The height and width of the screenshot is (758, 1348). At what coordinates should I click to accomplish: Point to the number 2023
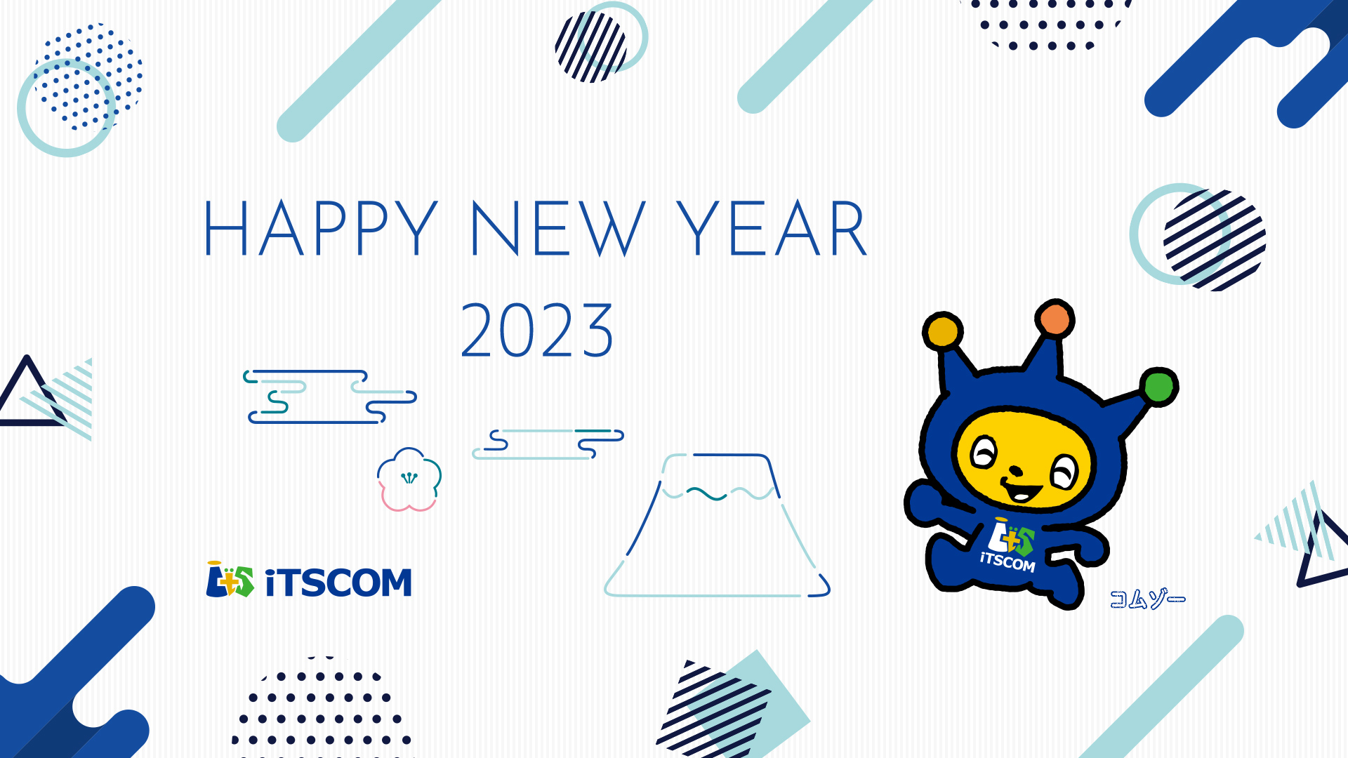point(537,330)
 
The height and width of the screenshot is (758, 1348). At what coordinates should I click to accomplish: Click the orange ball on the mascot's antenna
point(1055,319)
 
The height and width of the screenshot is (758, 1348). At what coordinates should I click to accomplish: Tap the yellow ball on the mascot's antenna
point(942,331)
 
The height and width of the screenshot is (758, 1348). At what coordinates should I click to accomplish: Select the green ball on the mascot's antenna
point(1158,386)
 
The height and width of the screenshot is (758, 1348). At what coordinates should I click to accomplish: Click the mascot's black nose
point(1015,470)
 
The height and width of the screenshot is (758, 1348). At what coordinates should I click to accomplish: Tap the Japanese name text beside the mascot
point(1147,599)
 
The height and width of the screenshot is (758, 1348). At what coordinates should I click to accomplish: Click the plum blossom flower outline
point(409,479)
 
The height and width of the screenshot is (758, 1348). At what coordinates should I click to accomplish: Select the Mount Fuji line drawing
point(717,525)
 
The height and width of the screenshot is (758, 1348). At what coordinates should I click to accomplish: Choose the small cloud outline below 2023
point(548,444)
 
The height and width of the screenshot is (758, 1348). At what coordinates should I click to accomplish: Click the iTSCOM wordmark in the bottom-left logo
point(338,583)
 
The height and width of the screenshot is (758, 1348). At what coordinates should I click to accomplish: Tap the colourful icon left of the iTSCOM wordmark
point(230,580)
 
